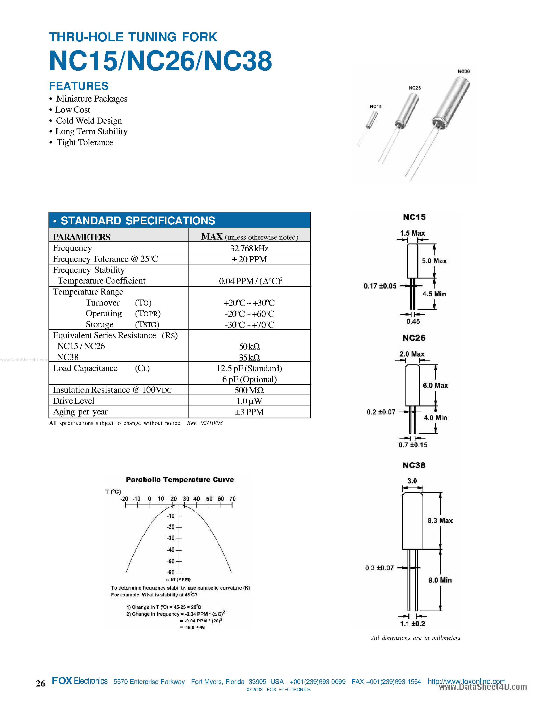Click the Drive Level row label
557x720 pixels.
[x=74, y=401]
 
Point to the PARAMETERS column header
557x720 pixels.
[x=82, y=237]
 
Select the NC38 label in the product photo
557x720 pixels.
[x=464, y=71]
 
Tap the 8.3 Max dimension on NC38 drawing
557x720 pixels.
[x=440, y=520]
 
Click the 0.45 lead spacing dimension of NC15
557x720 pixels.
[x=413, y=322]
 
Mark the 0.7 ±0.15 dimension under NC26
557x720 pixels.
[x=413, y=445]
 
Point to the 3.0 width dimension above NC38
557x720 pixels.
[x=412, y=481]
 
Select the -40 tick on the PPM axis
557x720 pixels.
[x=171, y=550]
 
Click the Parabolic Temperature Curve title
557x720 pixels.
[x=180, y=480]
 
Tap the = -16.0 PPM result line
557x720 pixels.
[x=192, y=627]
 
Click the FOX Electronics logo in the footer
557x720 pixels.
[x=79, y=681]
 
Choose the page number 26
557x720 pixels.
[x=41, y=683]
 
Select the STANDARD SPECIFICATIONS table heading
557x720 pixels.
[x=138, y=220]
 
